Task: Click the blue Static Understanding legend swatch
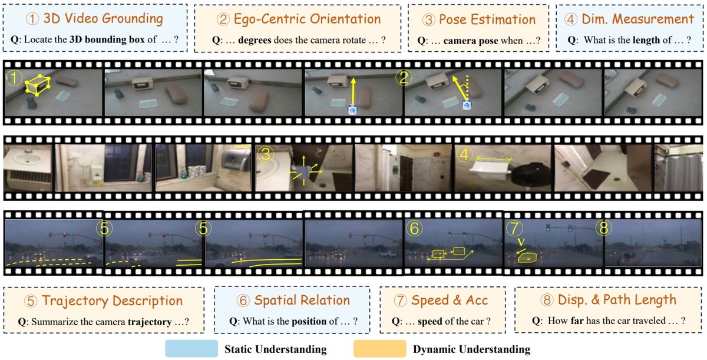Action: (191, 348)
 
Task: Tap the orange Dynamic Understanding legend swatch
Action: (379, 348)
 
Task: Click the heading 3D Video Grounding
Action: (103, 18)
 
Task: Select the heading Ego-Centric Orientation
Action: (307, 19)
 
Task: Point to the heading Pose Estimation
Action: (487, 19)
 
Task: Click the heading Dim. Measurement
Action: (637, 19)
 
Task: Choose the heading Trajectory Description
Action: (113, 300)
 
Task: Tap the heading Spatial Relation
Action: (302, 300)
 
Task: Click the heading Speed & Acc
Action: (450, 300)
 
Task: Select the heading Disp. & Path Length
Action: (617, 300)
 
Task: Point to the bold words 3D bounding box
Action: (107, 39)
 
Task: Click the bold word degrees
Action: (255, 40)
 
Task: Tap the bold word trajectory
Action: (150, 322)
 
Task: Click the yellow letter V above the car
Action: (521, 242)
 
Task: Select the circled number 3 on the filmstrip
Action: (265, 154)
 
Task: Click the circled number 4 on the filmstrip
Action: (464, 154)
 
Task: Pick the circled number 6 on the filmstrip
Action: (414, 228)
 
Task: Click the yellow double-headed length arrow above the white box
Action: (494, 159)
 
